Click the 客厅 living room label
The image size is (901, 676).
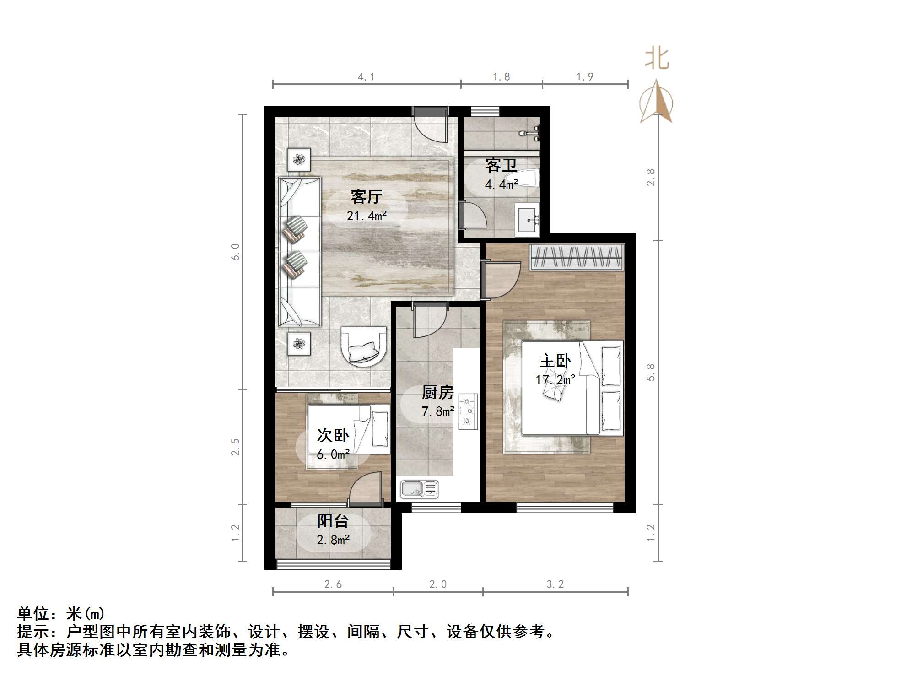click(x=366, y=197)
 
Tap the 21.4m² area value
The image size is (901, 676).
click(x=367, y=216)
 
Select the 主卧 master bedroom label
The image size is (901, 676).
click(x=555, y=361)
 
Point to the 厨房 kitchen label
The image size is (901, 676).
click(x=437, y=392)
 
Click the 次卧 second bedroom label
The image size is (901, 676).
click(x=333, y=435)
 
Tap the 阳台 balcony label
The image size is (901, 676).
click(x=333, y=521)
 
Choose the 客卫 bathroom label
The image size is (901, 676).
click(x=501, y=165)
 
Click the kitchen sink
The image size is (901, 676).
click(x=419, y=489)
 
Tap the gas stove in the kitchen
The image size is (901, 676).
click(x=468, y=411)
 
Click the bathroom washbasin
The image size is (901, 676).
click(x=528, y=220)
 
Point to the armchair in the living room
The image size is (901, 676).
click(x=364, y=346)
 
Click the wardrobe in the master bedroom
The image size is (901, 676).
click(x=577, y=257)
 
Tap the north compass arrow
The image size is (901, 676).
click(x=657, y=103)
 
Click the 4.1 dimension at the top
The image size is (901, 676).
click(x=366, y=77)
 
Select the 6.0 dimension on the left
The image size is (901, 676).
click(x=235, y=252)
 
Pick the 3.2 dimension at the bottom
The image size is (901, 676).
click(x=555, y=584)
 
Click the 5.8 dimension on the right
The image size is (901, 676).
click(x=651, y=372)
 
